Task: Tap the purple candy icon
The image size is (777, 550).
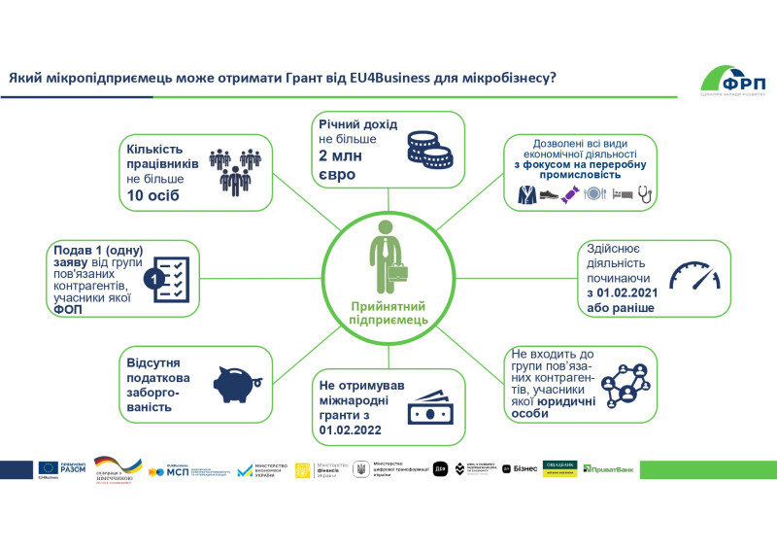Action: pos(592,194)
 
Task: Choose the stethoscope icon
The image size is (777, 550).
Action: pos(646,194)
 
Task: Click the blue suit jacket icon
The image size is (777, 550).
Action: pos(525,194)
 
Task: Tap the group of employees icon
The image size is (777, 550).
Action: pos(236,170)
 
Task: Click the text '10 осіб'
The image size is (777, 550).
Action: pos(155,197)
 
